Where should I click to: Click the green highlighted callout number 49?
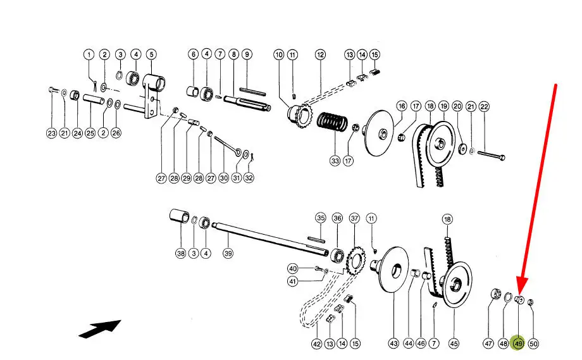[x=518, y=343]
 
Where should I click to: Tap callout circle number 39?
[x=228, y=253]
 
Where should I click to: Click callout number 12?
[x=320, y=54]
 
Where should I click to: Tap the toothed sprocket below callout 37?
[x=357, y=261]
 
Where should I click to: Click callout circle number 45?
[x=454, y=343]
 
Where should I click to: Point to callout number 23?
[x=52, y=133]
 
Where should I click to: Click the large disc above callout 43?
[x=395, y=273]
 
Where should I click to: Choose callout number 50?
[x=533, y=343]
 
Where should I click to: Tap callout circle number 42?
[x=317, y=343]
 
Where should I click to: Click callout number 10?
[x=279, y=54]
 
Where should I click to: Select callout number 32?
[x=249, y=178]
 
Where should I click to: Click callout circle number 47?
[x=488, y=343]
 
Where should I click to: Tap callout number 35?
[x=321, y=218]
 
